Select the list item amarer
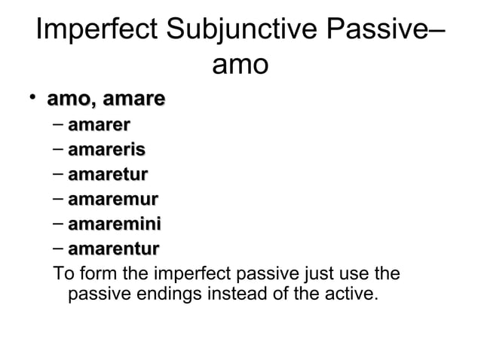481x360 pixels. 97,125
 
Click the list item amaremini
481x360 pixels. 114,224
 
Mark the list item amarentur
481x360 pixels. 113,249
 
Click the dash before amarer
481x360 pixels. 58,125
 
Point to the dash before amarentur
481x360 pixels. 58,249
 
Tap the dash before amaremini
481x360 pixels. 58,224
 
